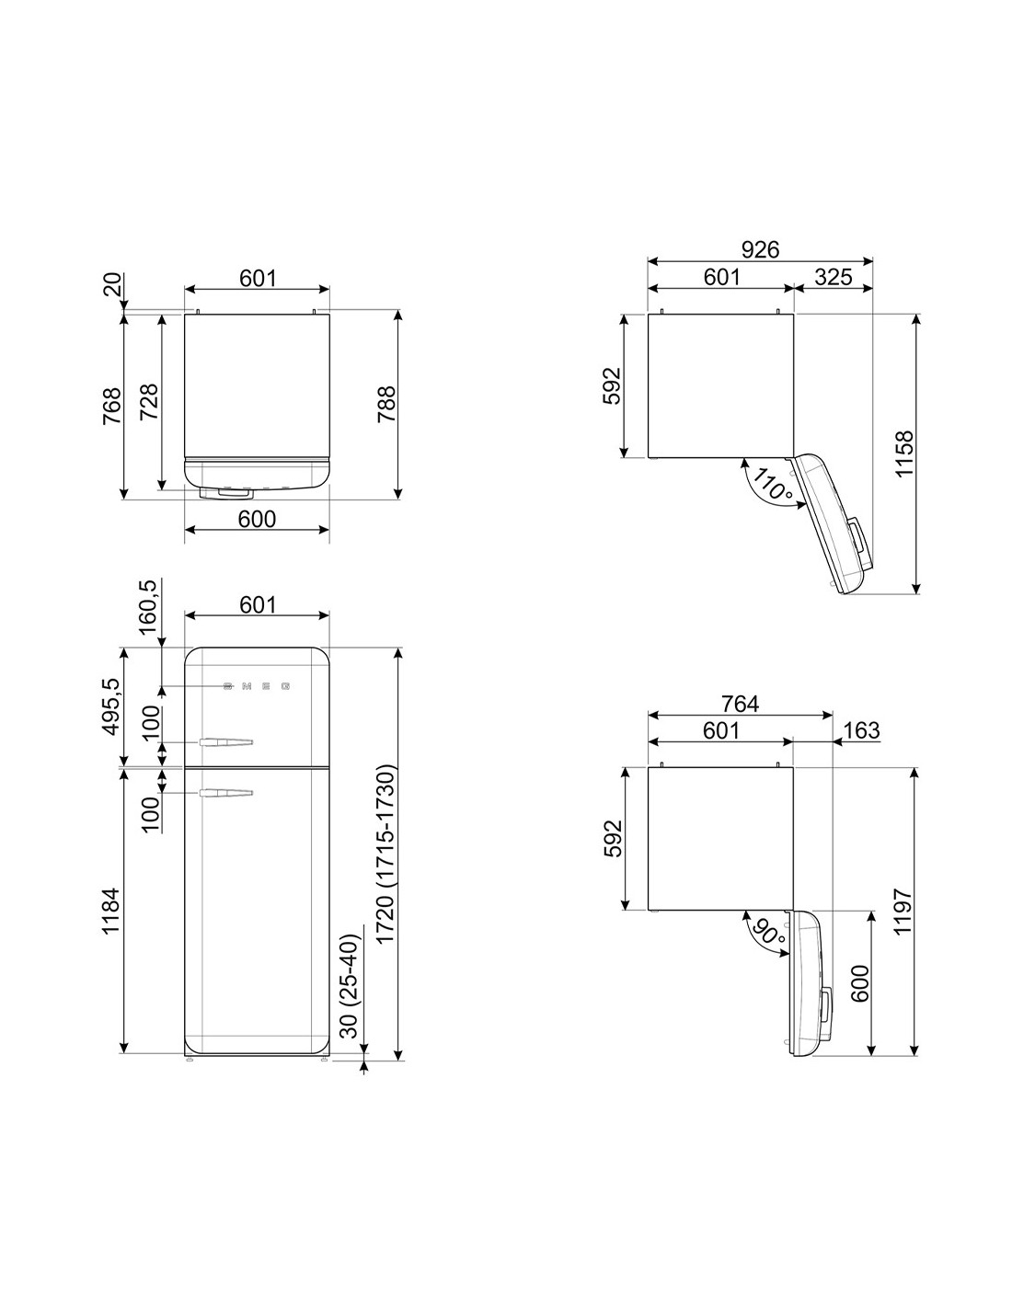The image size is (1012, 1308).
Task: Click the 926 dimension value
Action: pos(760,249)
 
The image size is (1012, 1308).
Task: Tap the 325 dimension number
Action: pos(834,277)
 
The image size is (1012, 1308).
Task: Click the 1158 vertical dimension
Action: pos(904,453)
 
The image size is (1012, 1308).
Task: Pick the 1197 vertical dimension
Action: pos(903,912)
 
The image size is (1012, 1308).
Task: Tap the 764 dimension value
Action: pos(741,704)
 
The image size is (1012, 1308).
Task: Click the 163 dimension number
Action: pos(861,730)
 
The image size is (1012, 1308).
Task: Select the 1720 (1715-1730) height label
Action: pos(385,855)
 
